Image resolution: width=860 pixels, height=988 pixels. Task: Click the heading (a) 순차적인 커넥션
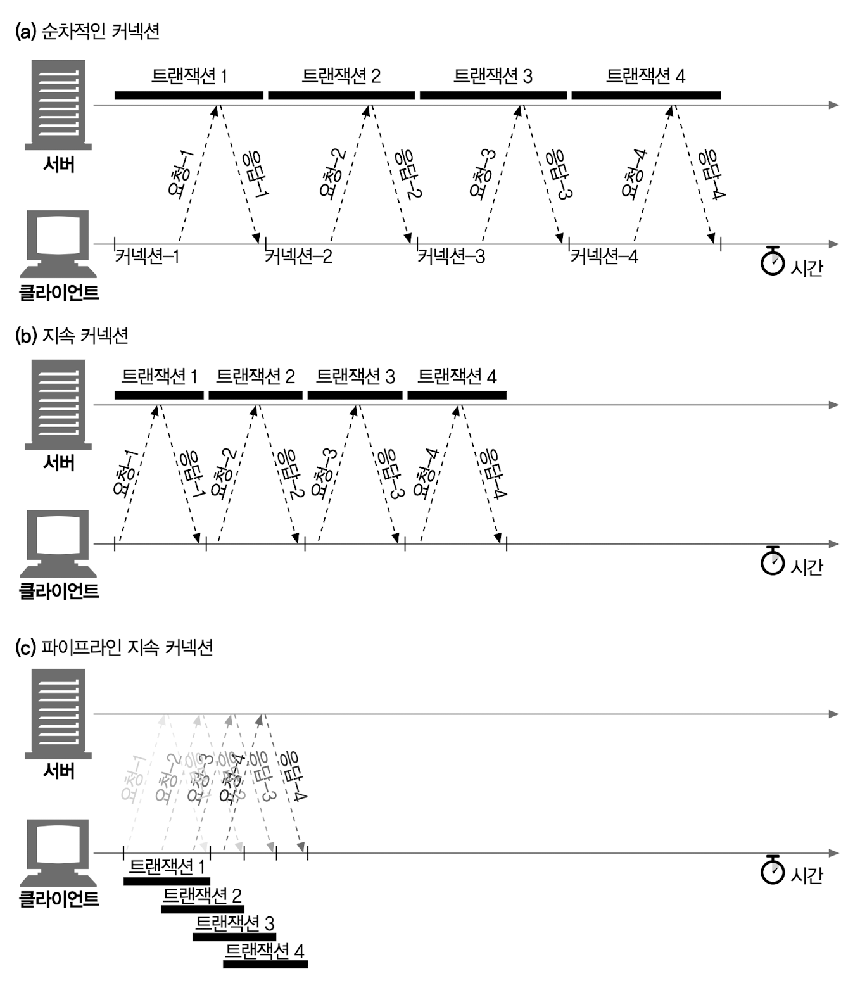87,31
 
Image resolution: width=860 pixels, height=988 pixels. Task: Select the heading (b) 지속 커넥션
72,335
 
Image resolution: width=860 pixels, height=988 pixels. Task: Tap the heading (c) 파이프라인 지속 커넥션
113,647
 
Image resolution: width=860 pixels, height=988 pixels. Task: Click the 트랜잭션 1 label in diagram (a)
189,76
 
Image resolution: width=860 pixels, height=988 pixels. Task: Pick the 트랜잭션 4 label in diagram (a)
645,76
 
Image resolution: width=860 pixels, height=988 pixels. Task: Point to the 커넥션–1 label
147,256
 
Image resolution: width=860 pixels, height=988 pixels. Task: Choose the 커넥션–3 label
452,256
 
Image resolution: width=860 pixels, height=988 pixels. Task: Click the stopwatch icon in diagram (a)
773,260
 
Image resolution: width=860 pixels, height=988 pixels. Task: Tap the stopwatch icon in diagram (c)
773,870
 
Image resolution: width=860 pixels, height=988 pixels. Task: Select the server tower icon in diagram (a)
58,104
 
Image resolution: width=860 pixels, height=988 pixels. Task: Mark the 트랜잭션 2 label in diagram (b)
255,377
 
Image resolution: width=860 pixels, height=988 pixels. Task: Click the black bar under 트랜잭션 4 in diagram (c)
265,965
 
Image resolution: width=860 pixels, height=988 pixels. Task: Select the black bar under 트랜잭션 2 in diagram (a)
341,96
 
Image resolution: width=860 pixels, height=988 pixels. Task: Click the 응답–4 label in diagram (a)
712,175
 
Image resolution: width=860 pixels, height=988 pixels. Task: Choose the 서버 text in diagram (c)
59,771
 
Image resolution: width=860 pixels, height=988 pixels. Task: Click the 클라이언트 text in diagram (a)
59,293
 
